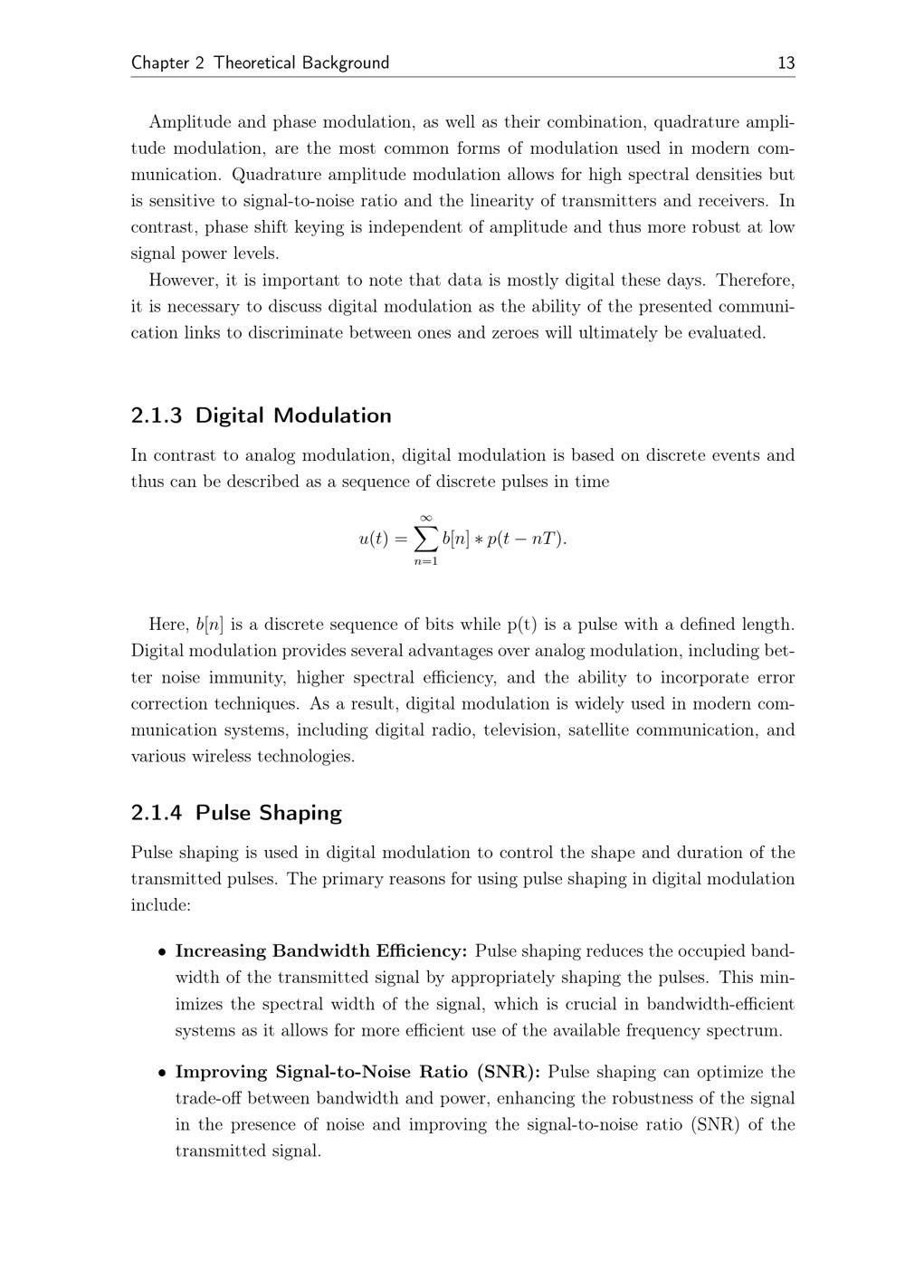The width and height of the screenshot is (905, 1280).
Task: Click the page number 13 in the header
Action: [x=786, y=62]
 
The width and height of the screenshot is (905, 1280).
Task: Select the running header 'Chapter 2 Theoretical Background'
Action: [x=260, y=62]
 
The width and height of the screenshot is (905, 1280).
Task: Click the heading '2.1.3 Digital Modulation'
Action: [x=261, y=416]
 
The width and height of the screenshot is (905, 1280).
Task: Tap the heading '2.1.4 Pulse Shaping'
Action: [x=236, y=812]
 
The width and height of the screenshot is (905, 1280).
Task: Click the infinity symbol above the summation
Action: [x=425, y=517]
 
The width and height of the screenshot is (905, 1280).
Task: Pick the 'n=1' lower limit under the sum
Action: [x=425, y=561]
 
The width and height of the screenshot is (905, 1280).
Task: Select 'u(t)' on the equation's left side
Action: [x=373, y=539]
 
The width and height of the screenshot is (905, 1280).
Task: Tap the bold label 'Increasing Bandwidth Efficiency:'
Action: [x=321, y=950]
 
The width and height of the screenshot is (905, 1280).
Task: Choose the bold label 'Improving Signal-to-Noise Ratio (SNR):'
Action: [x=357, y=1072]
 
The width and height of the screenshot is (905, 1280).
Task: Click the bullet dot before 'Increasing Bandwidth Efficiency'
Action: [x=161, y=951]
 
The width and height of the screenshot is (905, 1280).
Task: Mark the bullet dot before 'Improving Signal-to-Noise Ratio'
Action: [x=161, y=1073]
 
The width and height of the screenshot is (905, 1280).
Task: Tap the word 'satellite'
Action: [x=597, y=730]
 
